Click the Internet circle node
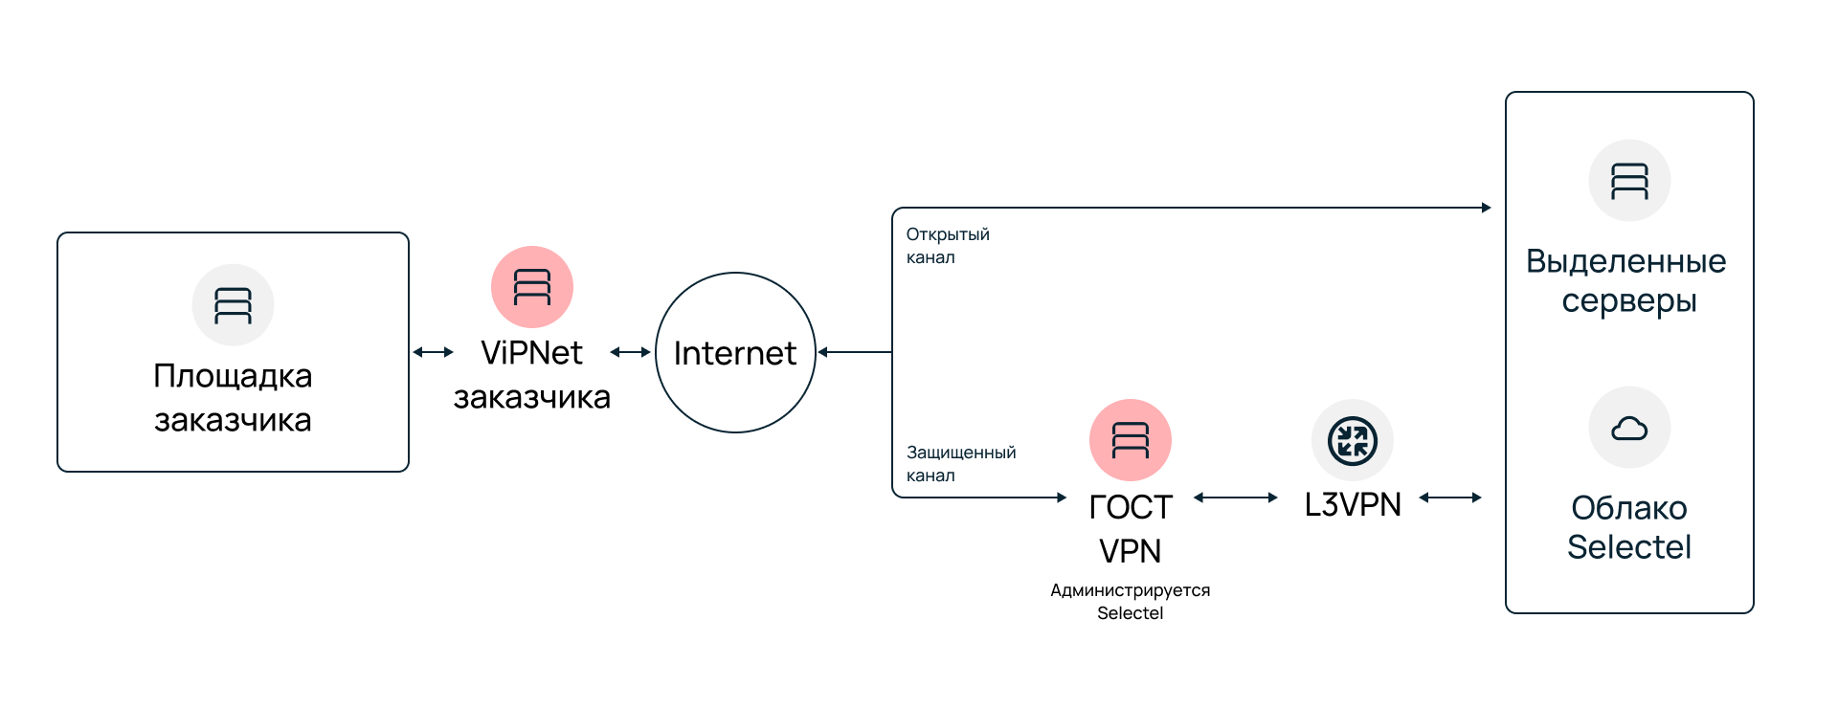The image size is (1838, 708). tap(735, 352)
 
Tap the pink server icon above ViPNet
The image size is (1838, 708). tap(532, 287)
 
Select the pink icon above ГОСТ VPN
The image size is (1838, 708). tap(1131, 440)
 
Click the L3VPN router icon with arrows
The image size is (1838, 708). tap(1353, 440)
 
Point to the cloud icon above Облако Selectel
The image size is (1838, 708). tap(1629, 428)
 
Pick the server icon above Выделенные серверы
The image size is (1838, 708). tap(1629, 181)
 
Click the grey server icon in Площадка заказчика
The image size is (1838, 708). tap(233, 305)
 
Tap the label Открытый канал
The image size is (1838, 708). tap(948, 246)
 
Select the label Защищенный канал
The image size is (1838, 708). tap(960, 464)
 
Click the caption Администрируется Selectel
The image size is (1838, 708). tap(1131, 602)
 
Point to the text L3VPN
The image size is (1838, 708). tap(1353, 504)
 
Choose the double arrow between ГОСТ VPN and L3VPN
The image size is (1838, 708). tap(1236, 498)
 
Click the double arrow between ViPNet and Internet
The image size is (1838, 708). tap(630, 352)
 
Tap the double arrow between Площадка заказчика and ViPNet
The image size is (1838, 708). tap(433, 352)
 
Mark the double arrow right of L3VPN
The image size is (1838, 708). tap(1450, 498)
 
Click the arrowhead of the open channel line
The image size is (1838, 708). tap(1487, 208)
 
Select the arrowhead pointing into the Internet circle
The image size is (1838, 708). tap(823, 352)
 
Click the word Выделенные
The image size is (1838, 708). tap(1625, 261)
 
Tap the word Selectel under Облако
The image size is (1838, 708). tap(1629, 547)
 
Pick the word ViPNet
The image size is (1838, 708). tap(531, 353)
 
